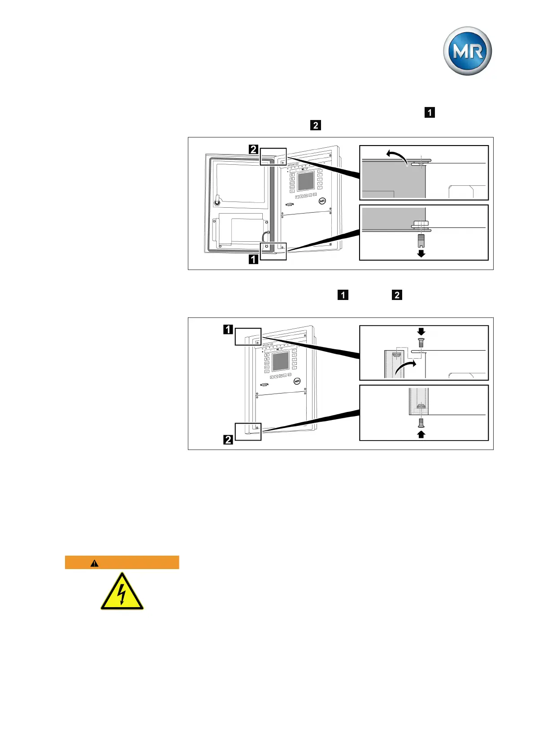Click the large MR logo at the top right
click(x=467, y=51)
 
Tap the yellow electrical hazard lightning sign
click(x=122, y=592)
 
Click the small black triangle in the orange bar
click(x=94, y=563)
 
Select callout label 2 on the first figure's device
click(x=253, y=150)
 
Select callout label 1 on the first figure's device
click(x=253, y=259)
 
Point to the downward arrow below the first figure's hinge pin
click(x=421, y=253)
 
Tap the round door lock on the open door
click(x=217, y=202)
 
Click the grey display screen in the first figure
click(x=306, y=181)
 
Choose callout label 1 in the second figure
click(x=228, y=330)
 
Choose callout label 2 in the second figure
click(x=228, y=440)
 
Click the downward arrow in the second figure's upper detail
click(x=421, y=332)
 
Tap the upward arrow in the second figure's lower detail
click(x=421, y=434)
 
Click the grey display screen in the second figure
click(x=281, y=361)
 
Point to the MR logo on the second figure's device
click(x=297, y=381)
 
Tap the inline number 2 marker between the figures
click(x=397, y=295)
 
